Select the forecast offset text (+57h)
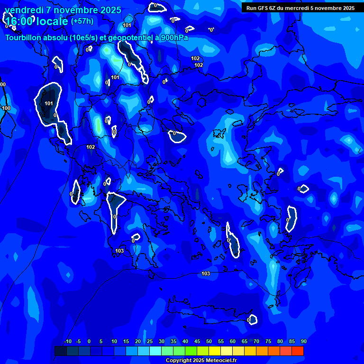pos(82,21)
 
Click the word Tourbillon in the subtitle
pos(23,38)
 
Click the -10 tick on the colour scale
pos(67,342)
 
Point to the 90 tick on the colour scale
pos(303,342)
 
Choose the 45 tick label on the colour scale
pos(197,342)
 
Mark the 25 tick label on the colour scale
pos(149,342)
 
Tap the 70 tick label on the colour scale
pos(256,342)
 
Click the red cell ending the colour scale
pos(297,351)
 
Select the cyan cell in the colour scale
pos(155,351)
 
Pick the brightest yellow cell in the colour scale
pos(214,351)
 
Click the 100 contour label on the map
pos(6,109)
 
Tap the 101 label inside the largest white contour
pos(49,103)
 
